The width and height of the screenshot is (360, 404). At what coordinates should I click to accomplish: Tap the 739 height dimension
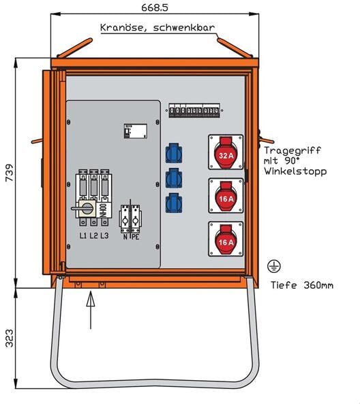[7, 175]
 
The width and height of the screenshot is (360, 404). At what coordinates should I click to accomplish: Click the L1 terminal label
[82, 235]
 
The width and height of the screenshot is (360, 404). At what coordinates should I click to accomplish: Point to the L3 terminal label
[104, 235]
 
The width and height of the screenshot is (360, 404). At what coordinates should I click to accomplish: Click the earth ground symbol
[275, 265]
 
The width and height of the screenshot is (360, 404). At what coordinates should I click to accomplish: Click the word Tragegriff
[291, 150]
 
